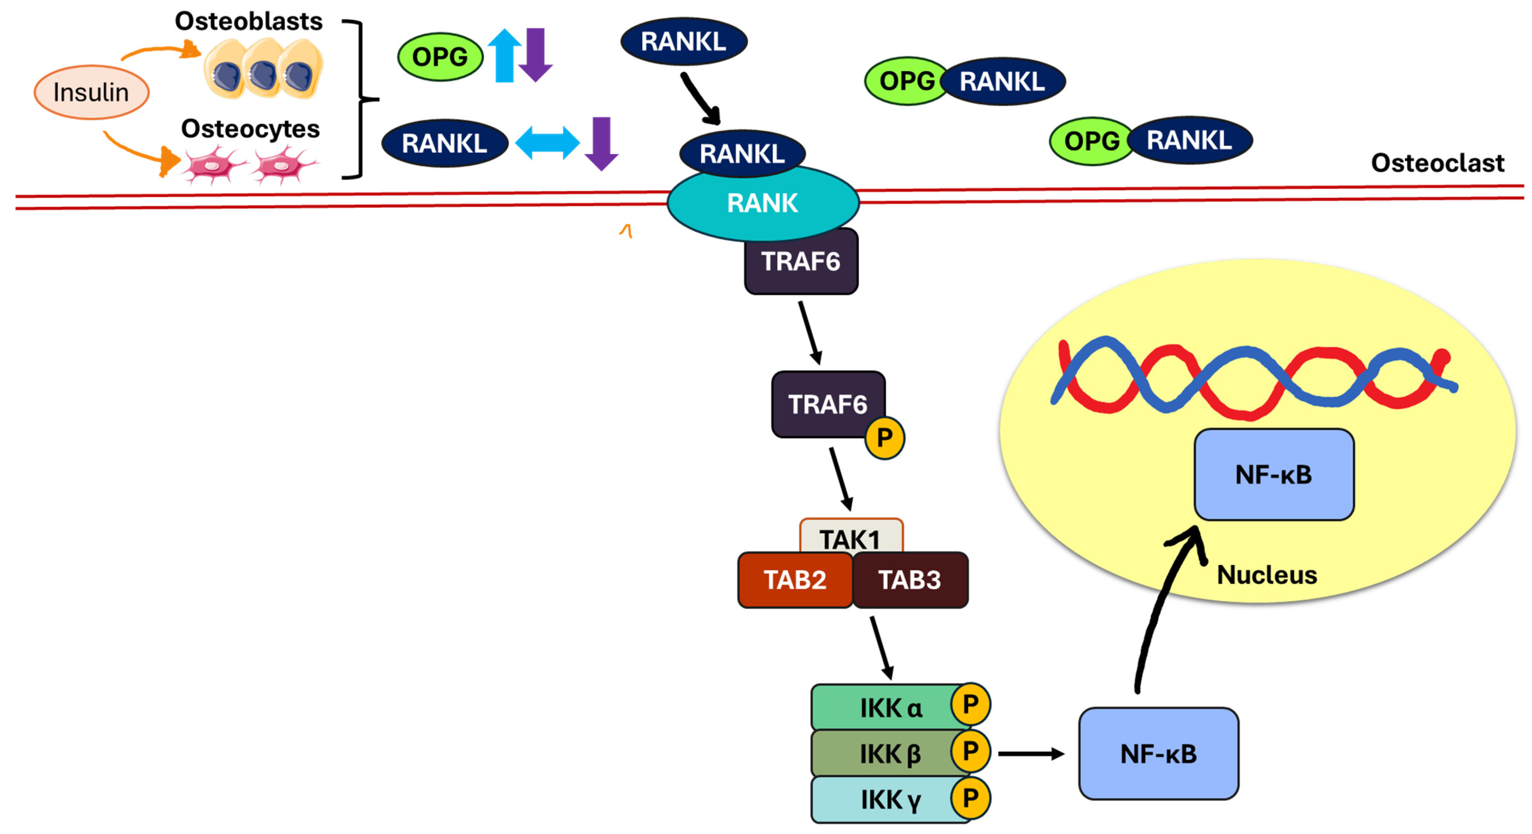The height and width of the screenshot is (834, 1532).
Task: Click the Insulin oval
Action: point(91,92)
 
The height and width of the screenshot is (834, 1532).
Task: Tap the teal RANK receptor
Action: point(762,203)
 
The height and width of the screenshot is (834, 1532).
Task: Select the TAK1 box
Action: point(850,536)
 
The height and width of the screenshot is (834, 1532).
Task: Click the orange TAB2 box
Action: point(795,580)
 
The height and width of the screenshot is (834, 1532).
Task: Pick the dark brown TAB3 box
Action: point(910,580)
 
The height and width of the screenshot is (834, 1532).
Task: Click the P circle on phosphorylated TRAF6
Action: point(884,438)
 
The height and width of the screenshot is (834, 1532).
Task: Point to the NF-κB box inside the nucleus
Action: point(1274,474)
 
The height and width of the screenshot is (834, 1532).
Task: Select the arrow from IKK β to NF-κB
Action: point(1031,754)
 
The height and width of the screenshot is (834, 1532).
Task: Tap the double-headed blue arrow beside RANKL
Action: point(547,143)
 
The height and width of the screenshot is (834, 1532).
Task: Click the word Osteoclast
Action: point(1437,163)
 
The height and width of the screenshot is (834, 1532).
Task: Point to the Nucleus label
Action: point(1267,575)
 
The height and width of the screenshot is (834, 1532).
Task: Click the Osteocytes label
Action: point(250,128)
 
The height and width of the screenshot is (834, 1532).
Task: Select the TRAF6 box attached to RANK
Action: point(801,262)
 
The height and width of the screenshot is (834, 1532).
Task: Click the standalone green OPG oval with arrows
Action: point(440,57)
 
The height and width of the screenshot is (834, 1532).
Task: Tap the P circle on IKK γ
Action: point(970,798)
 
